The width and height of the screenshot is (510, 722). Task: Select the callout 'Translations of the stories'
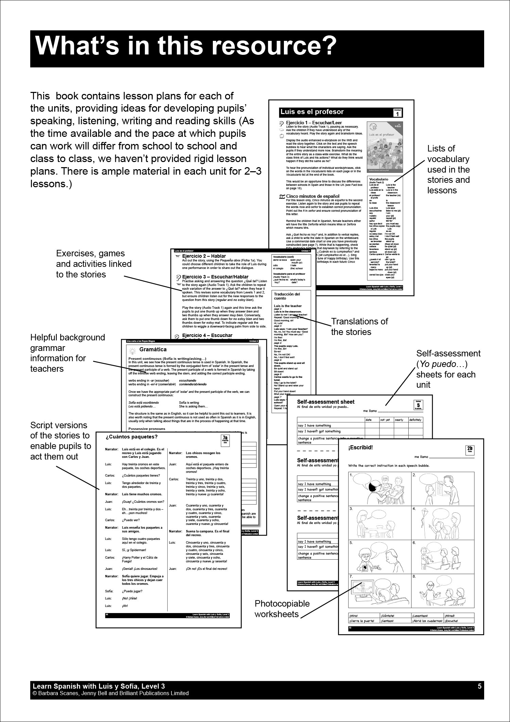pyautogui.click(x=359, y=326)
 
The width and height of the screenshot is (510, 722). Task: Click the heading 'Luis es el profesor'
pyautogui.click(x=312, y=112)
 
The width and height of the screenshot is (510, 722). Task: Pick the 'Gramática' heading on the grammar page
pyautogui.click(x=153, y=350)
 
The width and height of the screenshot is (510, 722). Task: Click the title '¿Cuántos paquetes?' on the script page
pyautogui.click(x=132, y=437)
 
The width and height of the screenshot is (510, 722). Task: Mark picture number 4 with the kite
pyautogui.click(x=443, y=521)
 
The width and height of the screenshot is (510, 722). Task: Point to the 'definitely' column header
pyautogui.click(x=415, y=420)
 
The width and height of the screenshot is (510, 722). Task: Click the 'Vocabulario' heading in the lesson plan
pyautogui.click(x=378, y=179)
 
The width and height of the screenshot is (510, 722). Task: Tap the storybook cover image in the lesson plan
pyautogui.click(x=385, y=147)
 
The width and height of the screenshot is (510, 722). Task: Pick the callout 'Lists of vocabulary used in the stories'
pyautogui.click(x=448, y=169)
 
